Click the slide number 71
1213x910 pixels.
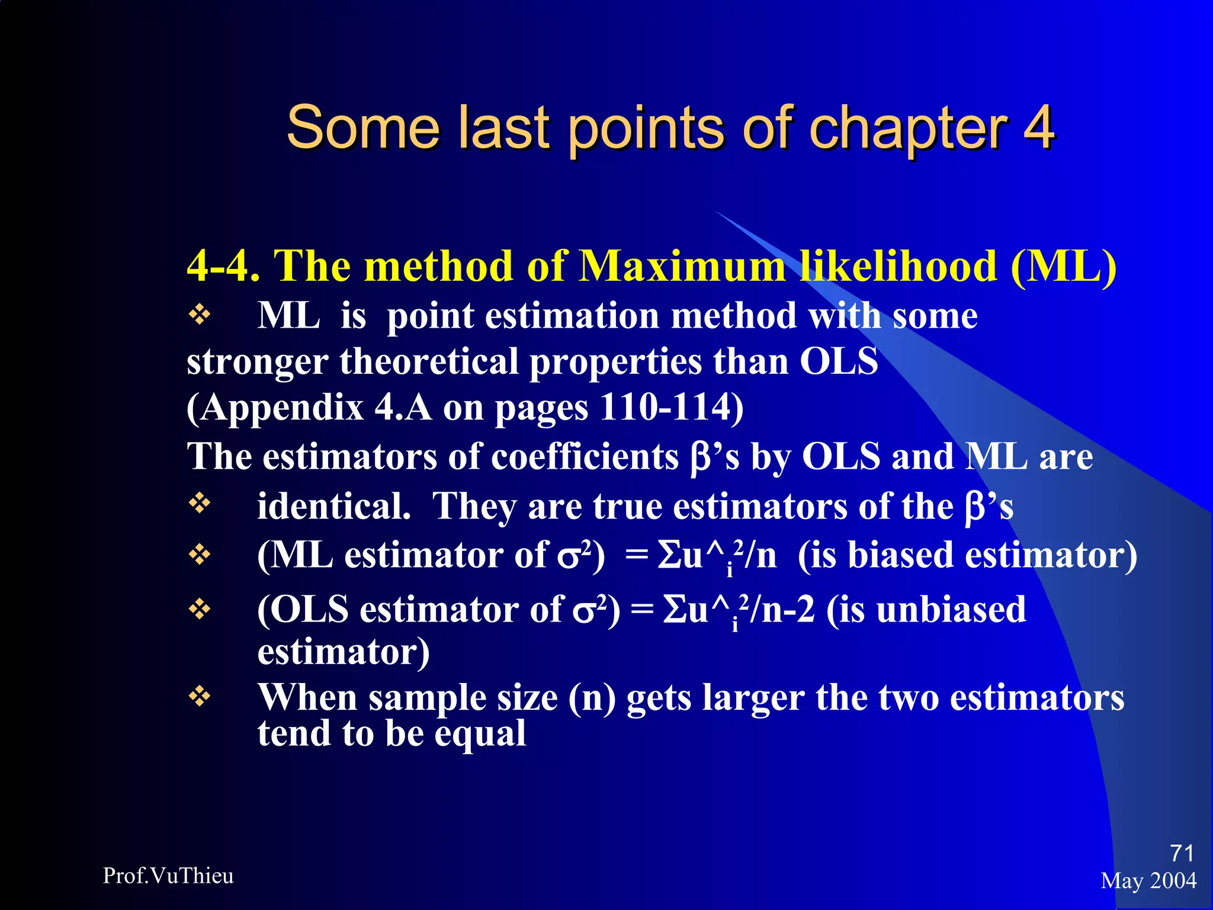point(1182,853)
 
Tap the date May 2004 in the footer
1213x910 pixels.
point(1148,881)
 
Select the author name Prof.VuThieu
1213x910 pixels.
point(168,876)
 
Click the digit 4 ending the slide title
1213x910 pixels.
point(1039,127)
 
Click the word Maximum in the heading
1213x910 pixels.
point(682,266)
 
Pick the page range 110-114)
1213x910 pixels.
point(672,408)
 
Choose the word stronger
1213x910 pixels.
point(257,362)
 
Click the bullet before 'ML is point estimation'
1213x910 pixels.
point(200,315)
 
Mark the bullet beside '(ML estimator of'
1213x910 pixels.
point(200,555)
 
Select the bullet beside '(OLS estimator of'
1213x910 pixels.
point(200,609)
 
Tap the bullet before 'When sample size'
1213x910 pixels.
point(200,697)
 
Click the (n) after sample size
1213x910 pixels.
point(592,698)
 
